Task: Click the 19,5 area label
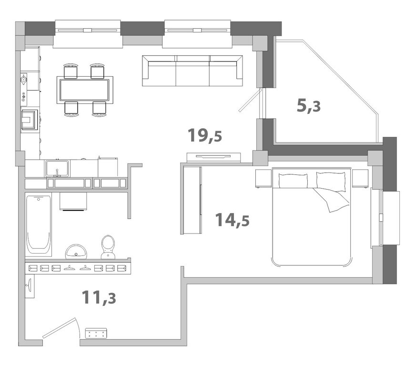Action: pos(204,135)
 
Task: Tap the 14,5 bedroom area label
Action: pos(233,220)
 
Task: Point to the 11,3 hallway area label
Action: pos(99,297)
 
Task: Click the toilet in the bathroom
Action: pos(108,247)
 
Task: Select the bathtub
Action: pos(39,225)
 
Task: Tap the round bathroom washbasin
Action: pos(76,251)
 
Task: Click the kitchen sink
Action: pos(57,169)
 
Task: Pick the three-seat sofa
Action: pos(192,71)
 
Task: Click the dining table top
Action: pos(84,90)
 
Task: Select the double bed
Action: pos(312,216)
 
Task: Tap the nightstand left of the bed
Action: pos(263,179)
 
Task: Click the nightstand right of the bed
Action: pos(360,179)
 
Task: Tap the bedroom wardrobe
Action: pos(191,200)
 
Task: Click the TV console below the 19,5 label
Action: pos(213,157)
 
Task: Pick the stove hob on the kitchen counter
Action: pos(29,120)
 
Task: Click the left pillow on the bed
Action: pos(293,180)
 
